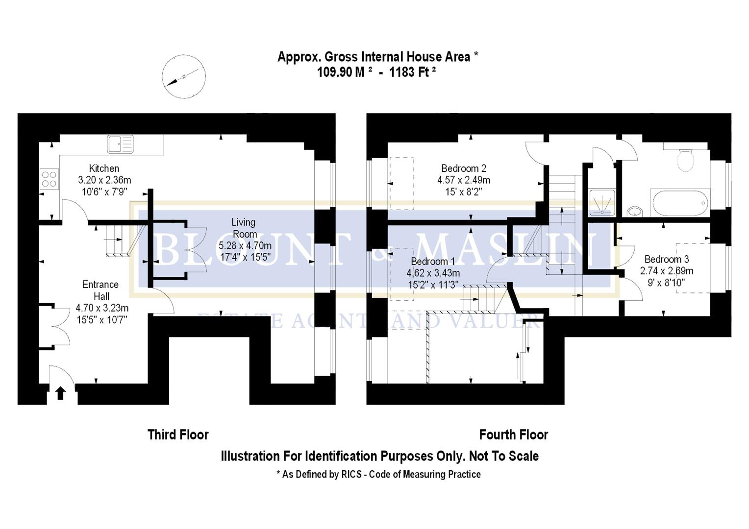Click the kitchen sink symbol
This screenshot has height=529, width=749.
pos(120,144)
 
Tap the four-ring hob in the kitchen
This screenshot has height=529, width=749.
pos(49,179)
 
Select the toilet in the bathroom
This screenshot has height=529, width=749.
pos(685,159)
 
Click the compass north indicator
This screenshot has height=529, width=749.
pos(184,76)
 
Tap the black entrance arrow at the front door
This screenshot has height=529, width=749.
pos(61,393)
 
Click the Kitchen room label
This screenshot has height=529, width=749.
pos(104,168)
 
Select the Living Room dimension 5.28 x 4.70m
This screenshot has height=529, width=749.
pos(245,246)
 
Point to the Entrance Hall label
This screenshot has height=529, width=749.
pos(100,290)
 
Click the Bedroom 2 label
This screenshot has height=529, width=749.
pos(463,168)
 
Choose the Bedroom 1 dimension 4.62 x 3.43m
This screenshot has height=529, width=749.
pos(433,273)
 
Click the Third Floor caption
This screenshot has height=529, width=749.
pos(178,434)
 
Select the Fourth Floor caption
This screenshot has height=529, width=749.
pos(513,434)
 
